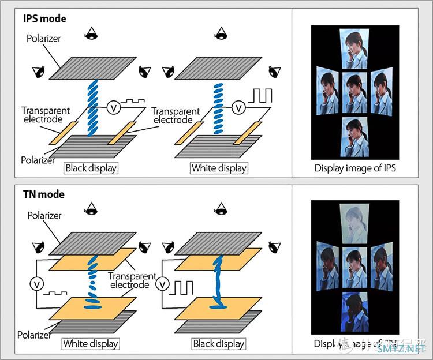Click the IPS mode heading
point(44,18)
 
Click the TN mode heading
point(44,194)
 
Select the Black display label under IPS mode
point(91,168)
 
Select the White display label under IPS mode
point(219,168)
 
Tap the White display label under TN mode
point(91,344)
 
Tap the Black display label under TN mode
point(219,344)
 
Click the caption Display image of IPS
point(354,168)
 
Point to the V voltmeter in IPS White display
point(238,107)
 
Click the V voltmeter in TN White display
point(36,283)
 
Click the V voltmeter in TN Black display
point(163,283)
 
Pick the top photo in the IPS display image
point(354,48)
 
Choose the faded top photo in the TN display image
point(354,224)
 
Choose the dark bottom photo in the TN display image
point(354,313)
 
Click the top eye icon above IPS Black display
point(91,33)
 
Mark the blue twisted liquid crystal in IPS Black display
point(92,107)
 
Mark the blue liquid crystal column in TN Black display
point(219,283)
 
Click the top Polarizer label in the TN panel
point(43,215)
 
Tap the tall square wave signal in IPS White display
point(260,95)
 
